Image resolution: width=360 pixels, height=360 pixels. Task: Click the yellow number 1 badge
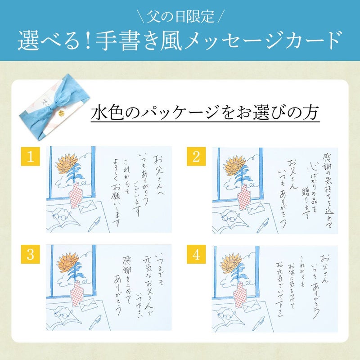click(x=30, y=156)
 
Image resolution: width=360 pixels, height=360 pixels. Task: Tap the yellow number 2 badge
click(x=196, y=156)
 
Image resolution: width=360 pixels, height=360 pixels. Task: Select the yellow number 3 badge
click(x=30, y=254)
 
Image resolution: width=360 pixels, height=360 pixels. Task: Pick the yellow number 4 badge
click(x=196, y=254)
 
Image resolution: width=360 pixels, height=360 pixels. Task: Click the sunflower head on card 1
click(x=67, y=163)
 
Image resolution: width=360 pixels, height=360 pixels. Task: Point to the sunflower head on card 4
click(x=231, y=263)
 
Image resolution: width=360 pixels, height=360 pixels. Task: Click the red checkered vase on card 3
click(x=76, y=294)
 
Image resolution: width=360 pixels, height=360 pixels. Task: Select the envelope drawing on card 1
click(x=87, y=207)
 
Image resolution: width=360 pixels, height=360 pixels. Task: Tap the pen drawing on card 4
click(x=258, y=323)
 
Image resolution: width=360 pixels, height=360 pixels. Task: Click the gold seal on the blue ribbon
click(x=61, y=113)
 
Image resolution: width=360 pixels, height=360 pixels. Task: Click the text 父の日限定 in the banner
click(x=180, y=16)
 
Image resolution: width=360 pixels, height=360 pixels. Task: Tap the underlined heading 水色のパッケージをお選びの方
click(x=205, y=112)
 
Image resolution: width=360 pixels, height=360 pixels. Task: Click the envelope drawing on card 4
click(x=252, y=306)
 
